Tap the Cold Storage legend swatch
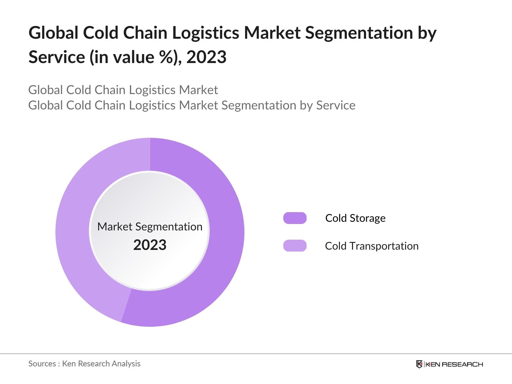pyautogui.click(x=295, y=218)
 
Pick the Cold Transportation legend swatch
pyautogui.click(x=295, y=246)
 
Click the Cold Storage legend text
pyautogui.click(x=355, y=218)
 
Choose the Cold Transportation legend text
pyautogui.click(x=372, y=246)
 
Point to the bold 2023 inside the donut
pyautogui.click(x=150, y=245)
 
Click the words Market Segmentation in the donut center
pyautogui.click(x=150, y=227)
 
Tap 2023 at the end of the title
pyautogui.click(x=206, y=57)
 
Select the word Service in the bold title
pyautogui.click(x=56, y=57)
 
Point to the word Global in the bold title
pyautogui.click(x=53, y=33)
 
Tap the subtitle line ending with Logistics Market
pyautogui.click(x=123, y=90)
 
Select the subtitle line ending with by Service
pyautogui.click(x=192, y=105)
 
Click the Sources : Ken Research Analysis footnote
pyautogui.click(x=84, y=364)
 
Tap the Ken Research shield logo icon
pyautogui.click(x=419, y=364)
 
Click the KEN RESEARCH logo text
pyautogui.click(x=454, y=364)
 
